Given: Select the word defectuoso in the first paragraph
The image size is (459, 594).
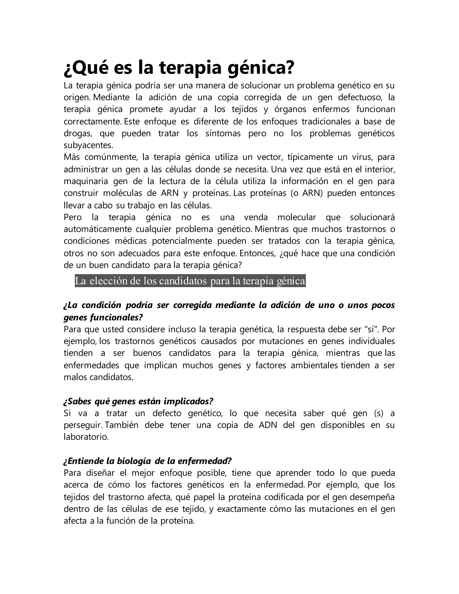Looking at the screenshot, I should pyautogui.click(x=359, y=97).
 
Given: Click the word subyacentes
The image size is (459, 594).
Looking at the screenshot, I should pyautogui.click(x=88, y=145).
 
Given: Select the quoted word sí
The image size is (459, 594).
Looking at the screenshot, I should pyautogui.click(x=372, y=329).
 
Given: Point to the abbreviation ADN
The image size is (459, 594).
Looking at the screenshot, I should pyautogui.click(x=268, y=425).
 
